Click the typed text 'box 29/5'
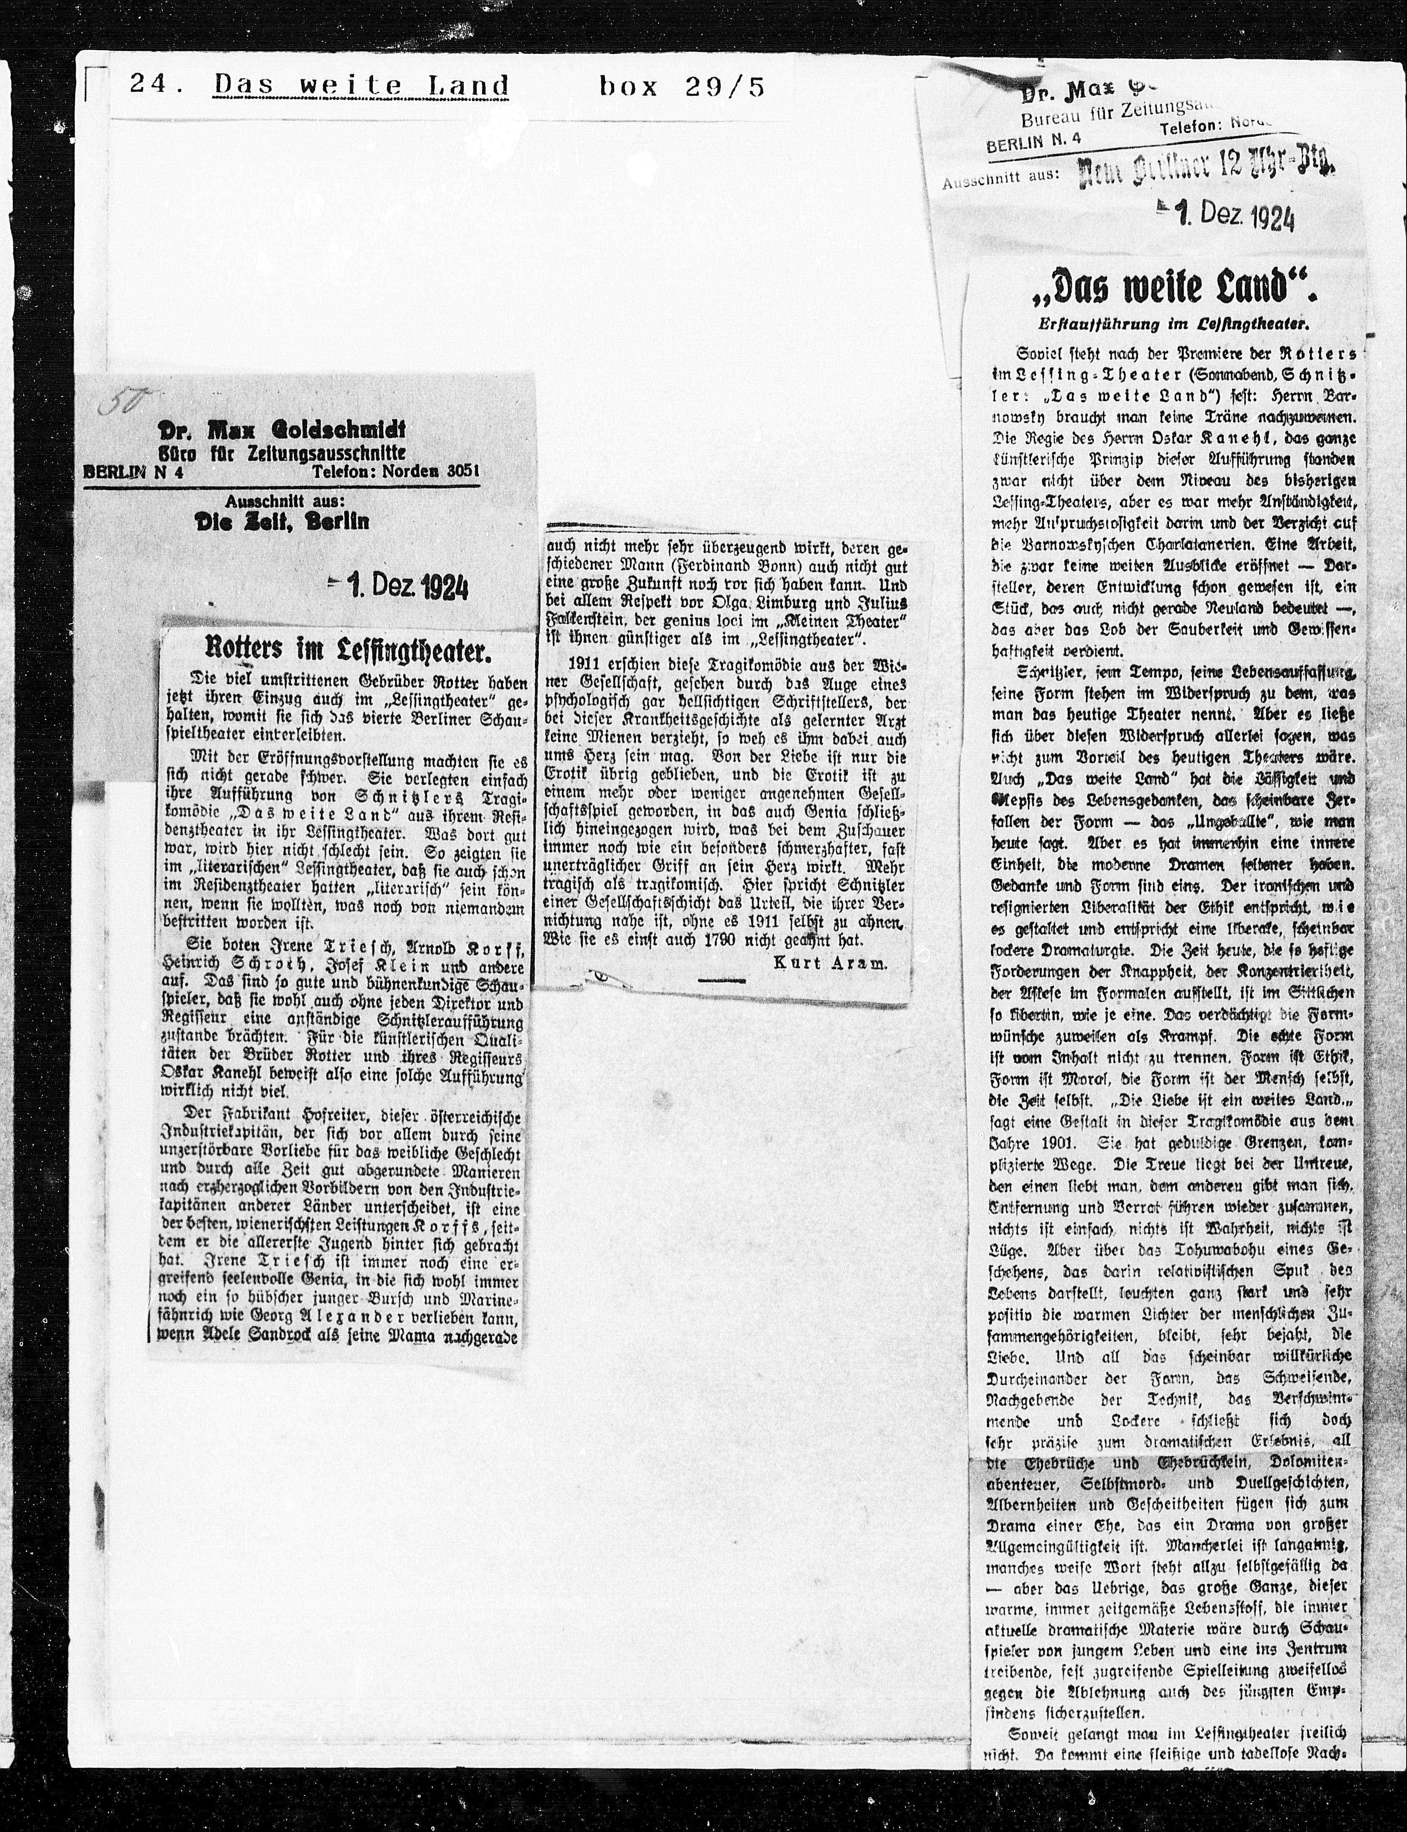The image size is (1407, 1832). click(x=682, y=86)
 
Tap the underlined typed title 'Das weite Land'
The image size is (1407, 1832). click(x=362, y=86)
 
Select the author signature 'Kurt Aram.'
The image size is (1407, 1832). click(x=829, y=963)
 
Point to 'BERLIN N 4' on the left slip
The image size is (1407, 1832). click(x=134, y=471)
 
